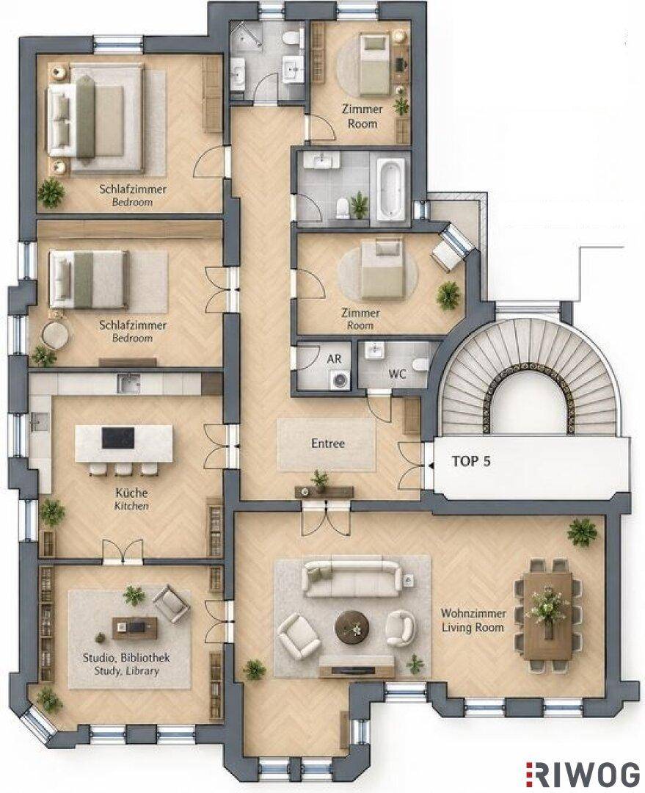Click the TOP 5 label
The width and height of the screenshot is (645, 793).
coord(470,461)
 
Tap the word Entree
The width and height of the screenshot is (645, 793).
coord(328,443)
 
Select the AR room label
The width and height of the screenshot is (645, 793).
coord(334,358)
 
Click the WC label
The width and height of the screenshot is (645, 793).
coord(397,374)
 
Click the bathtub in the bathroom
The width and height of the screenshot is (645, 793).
coord(390,189)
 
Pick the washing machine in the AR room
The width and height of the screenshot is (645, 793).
coord(337,380)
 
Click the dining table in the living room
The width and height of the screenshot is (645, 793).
coord(548,615)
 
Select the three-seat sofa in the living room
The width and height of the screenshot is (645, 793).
coord(352,579)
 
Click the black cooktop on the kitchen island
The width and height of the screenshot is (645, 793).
coord(118,438)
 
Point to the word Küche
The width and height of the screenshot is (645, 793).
coord(131,493)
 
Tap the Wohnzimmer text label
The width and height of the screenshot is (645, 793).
coord(473,613)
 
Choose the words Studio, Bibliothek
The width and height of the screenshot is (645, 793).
coord(126,658)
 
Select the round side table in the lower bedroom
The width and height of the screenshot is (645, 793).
coord(55,335)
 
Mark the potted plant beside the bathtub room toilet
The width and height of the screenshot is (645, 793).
coord(360,204)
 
